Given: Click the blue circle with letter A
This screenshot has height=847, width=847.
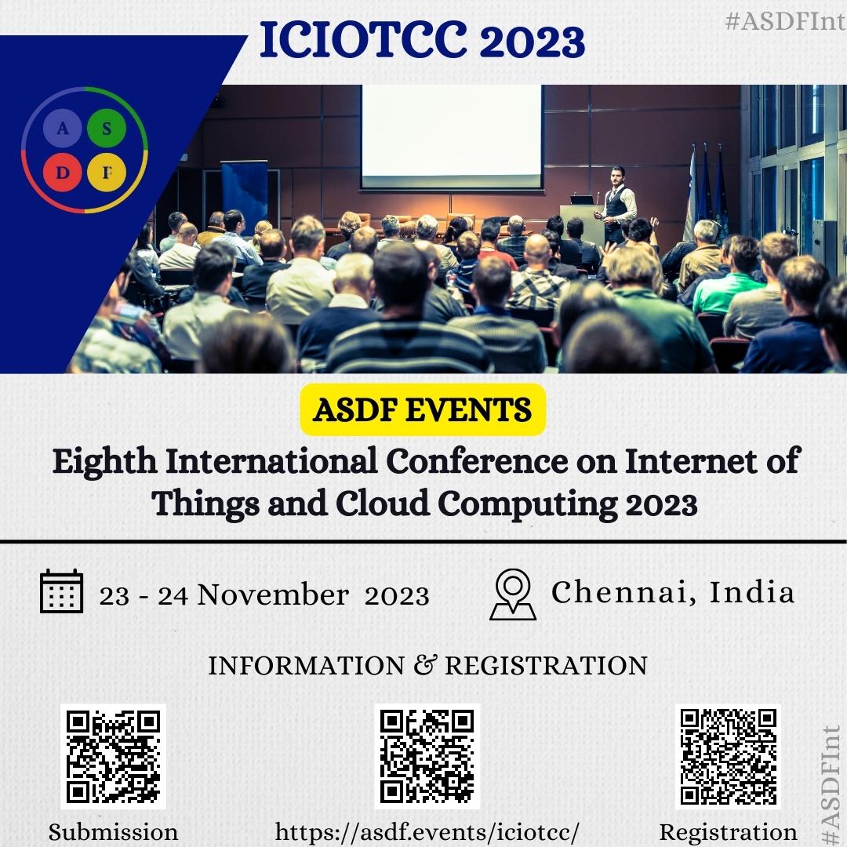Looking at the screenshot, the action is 63,128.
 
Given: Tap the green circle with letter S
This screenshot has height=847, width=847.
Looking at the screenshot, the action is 107,128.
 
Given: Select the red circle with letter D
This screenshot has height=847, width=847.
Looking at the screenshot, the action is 63,173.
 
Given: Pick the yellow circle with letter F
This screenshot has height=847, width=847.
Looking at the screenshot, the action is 107,173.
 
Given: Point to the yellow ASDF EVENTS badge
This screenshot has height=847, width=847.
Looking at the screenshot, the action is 423,409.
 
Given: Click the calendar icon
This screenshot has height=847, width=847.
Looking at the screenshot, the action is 62,591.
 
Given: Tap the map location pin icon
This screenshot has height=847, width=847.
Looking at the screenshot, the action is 513,594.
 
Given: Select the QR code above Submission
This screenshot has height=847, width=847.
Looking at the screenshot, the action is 114,756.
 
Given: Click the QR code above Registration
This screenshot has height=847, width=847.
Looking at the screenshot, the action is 728,756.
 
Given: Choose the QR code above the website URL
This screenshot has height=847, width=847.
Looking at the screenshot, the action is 427,756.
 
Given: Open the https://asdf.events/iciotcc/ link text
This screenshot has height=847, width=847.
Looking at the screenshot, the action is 427,832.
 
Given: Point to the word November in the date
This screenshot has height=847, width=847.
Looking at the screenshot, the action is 273,595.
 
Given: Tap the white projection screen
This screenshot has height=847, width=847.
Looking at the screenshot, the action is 452,136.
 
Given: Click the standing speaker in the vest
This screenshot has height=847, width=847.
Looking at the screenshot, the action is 616,204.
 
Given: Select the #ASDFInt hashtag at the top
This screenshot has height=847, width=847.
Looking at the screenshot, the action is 785,22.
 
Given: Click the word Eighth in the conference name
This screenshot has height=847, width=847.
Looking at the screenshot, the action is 104,463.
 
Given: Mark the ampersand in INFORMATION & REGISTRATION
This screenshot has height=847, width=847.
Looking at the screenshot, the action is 424,664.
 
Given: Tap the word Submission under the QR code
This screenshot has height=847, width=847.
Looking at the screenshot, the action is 114,832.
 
